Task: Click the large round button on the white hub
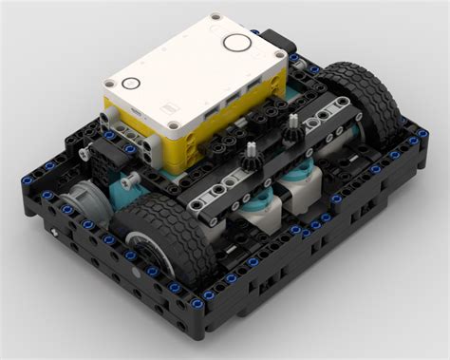[x=234, y=43]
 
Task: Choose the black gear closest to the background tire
[x=293, y=123]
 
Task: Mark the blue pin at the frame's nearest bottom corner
[x=197, y=304]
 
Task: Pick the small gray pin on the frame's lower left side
[x=57, y=234]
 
